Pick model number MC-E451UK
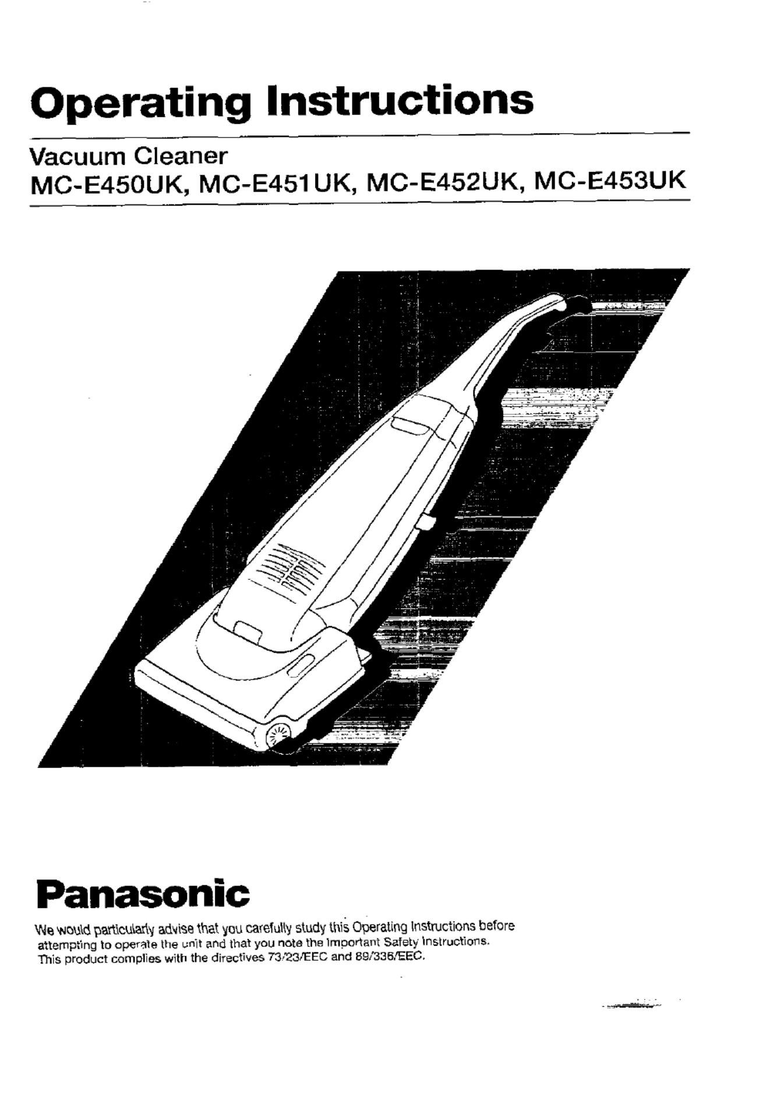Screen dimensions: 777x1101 [x=276, y=184]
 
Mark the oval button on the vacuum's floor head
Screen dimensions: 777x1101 [x=302, y=664]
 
